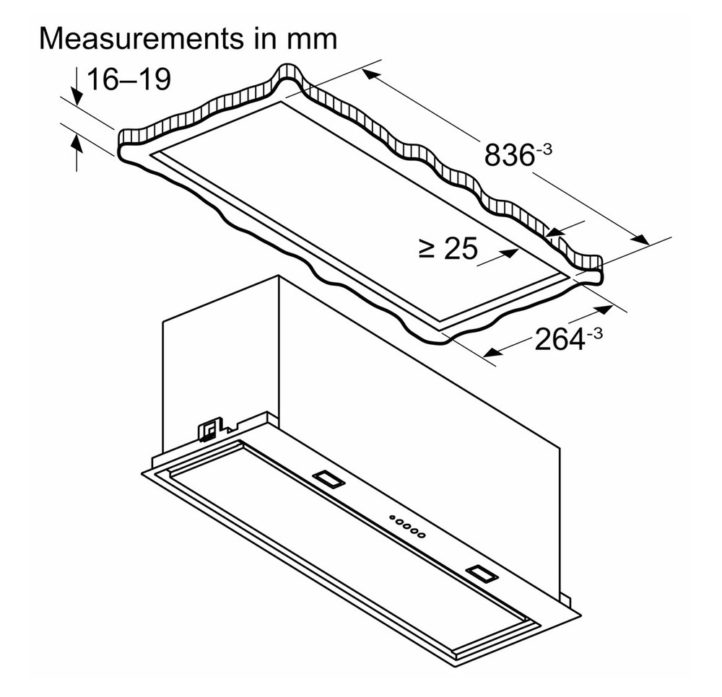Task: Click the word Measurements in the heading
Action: point(142,39)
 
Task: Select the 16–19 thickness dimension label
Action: point(129,79)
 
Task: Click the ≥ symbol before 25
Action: point(427,250)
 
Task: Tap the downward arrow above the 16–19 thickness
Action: point(77,86)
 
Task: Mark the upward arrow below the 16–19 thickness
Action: point(77,152)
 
